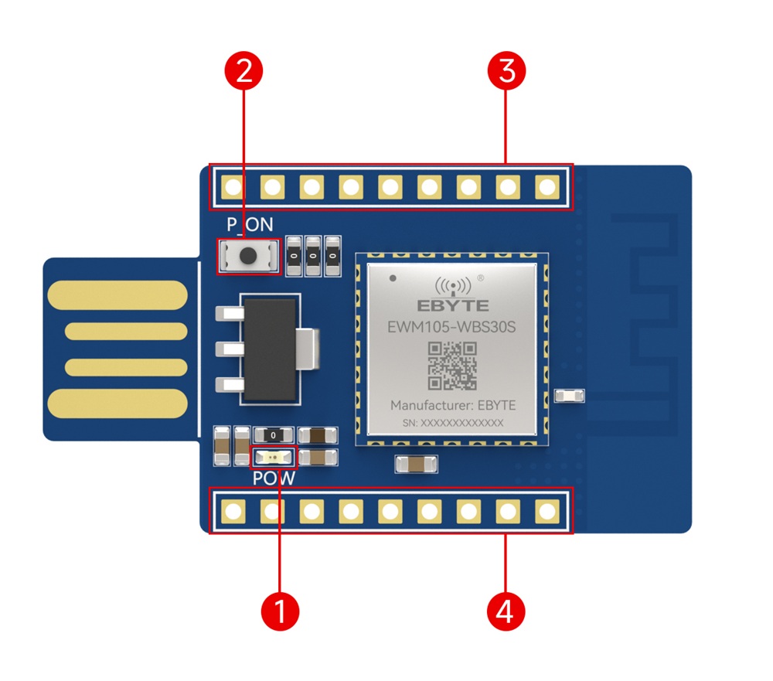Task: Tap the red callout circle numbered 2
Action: click(x=244, y=71)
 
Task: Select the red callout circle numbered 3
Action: click(x=507, y=71)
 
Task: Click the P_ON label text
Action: click(x=249, y=224)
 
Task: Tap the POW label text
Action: click(x=274, y=479)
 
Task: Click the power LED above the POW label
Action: click(x=274, y=458)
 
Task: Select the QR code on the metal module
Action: click(x=452, y=366)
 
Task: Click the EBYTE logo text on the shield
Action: click(x=452, y=305)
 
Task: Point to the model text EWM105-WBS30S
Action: click(x=452, y=326)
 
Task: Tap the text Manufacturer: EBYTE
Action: click(x=452, y=405)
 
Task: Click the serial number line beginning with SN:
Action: click(x=452, y=423)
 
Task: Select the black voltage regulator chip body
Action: click(x=269, y=346)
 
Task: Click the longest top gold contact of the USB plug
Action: click(x=117, y=295)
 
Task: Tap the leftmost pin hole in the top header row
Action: click(x=233, y=186)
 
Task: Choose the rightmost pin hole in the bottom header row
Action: click(x=547, y=511)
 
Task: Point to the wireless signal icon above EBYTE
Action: click(x=452, y=284)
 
